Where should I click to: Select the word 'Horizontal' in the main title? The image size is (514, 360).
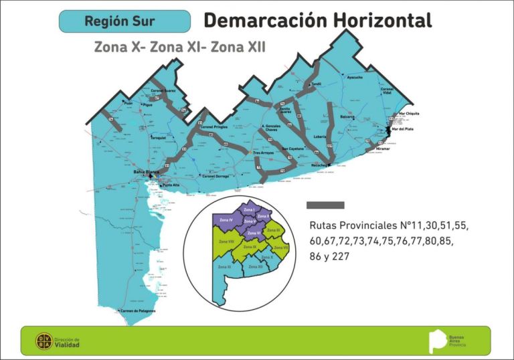pos(378,21)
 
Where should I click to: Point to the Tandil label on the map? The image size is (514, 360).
pos(317,84)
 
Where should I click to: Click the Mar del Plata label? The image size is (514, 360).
pos(403,128)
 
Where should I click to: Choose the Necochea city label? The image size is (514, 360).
pos(319,165)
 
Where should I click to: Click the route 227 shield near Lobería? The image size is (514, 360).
pos(329,145)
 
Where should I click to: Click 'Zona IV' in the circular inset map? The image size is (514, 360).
pos(226,219)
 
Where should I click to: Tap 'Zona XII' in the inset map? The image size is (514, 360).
pos(256,267)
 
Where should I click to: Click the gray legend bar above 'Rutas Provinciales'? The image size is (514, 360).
pos(325,205)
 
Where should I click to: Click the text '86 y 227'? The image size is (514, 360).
pos(338,256)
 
